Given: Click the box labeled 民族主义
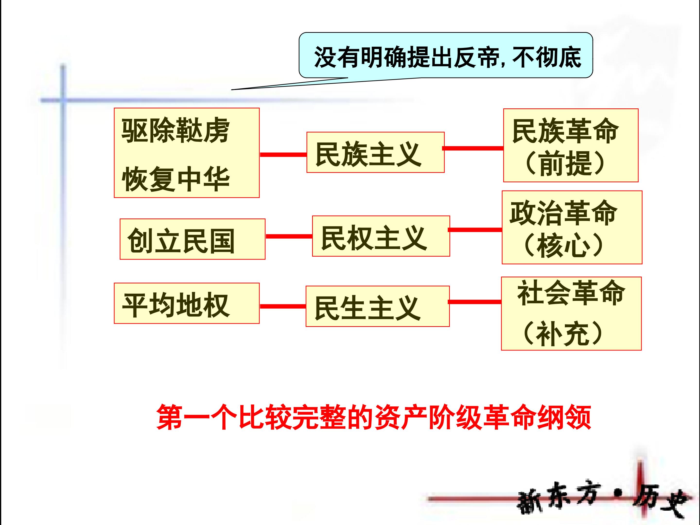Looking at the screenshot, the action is click(x=375, y=152).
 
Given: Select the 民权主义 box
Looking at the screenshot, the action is click(x=381, y=236).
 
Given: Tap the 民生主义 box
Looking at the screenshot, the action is click(x=377, y=306).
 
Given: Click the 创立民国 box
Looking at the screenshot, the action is click(x=192, y=239).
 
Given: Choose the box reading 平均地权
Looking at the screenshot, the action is click(x=187, y=303).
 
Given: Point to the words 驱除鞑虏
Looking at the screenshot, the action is click(x=176, y=130).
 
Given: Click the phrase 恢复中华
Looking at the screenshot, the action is click(x=176, y=179).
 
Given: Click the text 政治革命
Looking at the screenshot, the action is click(x=564, y=213).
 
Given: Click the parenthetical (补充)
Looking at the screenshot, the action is click(x=563, y=333).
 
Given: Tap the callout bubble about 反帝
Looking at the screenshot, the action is click(x=446, y=55).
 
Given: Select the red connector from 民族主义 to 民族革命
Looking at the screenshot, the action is click(x=473, y=148).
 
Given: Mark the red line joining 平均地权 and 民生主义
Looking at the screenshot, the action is click(x=283, y=306).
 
